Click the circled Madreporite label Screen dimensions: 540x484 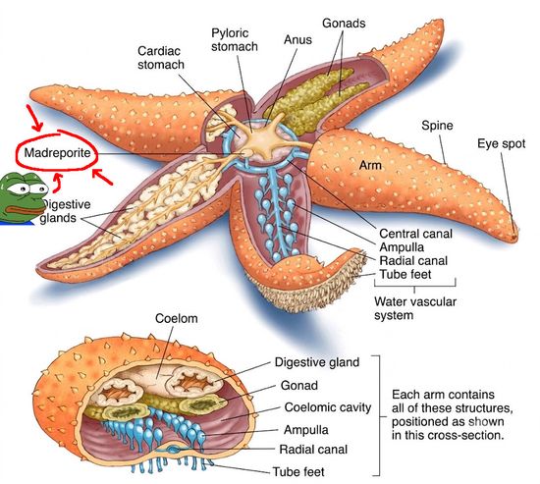[57, 152]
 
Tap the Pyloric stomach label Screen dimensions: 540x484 [235, 39]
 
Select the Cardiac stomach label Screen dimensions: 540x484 [161, 58]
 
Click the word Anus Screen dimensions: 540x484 [297, 39]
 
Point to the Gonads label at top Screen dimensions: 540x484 [344, 24]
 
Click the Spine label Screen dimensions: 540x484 [437, 126]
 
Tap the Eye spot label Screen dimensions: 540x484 [501, 143]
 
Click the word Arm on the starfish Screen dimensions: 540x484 [370, 165]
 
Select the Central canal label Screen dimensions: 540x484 [415, 234]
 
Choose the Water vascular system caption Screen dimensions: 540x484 [415, 308]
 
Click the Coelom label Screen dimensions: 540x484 [177, 318]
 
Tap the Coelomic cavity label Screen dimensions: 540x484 [328, 407]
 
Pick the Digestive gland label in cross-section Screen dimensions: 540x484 [317, 362]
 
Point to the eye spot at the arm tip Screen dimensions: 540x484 [514, 236]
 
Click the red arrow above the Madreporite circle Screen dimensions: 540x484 [34, 118]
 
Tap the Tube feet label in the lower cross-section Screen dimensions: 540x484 [298, 471]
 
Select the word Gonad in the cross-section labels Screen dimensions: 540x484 [298, 385]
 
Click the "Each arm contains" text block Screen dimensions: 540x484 [453, 414]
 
